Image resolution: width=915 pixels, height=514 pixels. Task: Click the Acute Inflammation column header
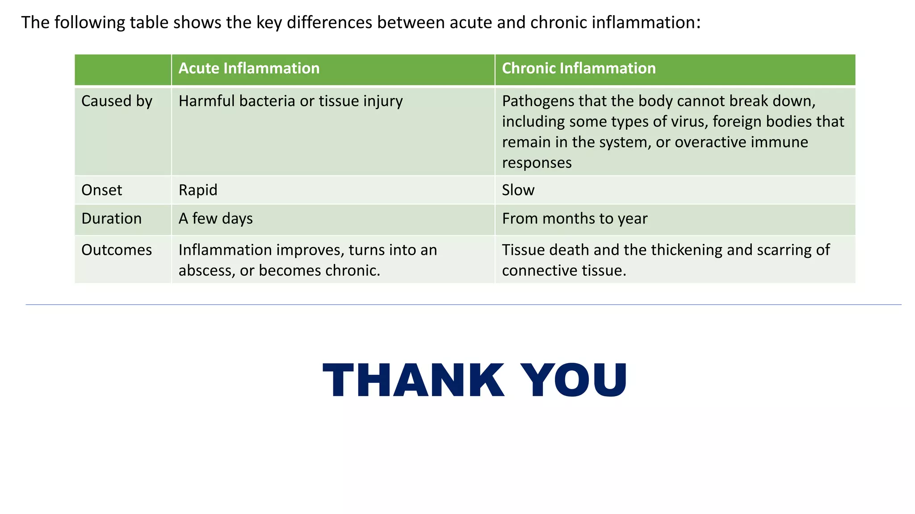249,68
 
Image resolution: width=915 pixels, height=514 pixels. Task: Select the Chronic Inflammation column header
579,68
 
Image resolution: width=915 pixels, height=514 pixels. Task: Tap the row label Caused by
117,101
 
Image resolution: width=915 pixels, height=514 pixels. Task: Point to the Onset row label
101,190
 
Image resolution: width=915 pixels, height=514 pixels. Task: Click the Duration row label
111,219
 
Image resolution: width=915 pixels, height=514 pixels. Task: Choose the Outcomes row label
116,250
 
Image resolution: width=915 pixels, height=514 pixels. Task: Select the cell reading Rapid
198,190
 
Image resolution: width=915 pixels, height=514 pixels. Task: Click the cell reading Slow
518,190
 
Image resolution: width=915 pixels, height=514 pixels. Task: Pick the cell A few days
215,219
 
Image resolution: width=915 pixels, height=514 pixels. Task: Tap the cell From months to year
575,219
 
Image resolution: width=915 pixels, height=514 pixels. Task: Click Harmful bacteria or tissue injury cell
290,101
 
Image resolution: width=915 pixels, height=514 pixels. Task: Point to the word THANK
413,380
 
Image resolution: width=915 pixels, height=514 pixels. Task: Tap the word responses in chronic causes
537,163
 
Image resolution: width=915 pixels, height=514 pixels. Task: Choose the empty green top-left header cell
123,70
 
